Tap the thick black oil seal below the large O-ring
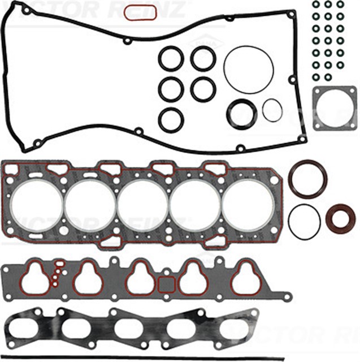click(241, 113)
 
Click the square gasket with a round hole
click(335, 108)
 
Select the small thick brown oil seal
click(340, 218)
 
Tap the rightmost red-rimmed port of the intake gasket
click(246, 277)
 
